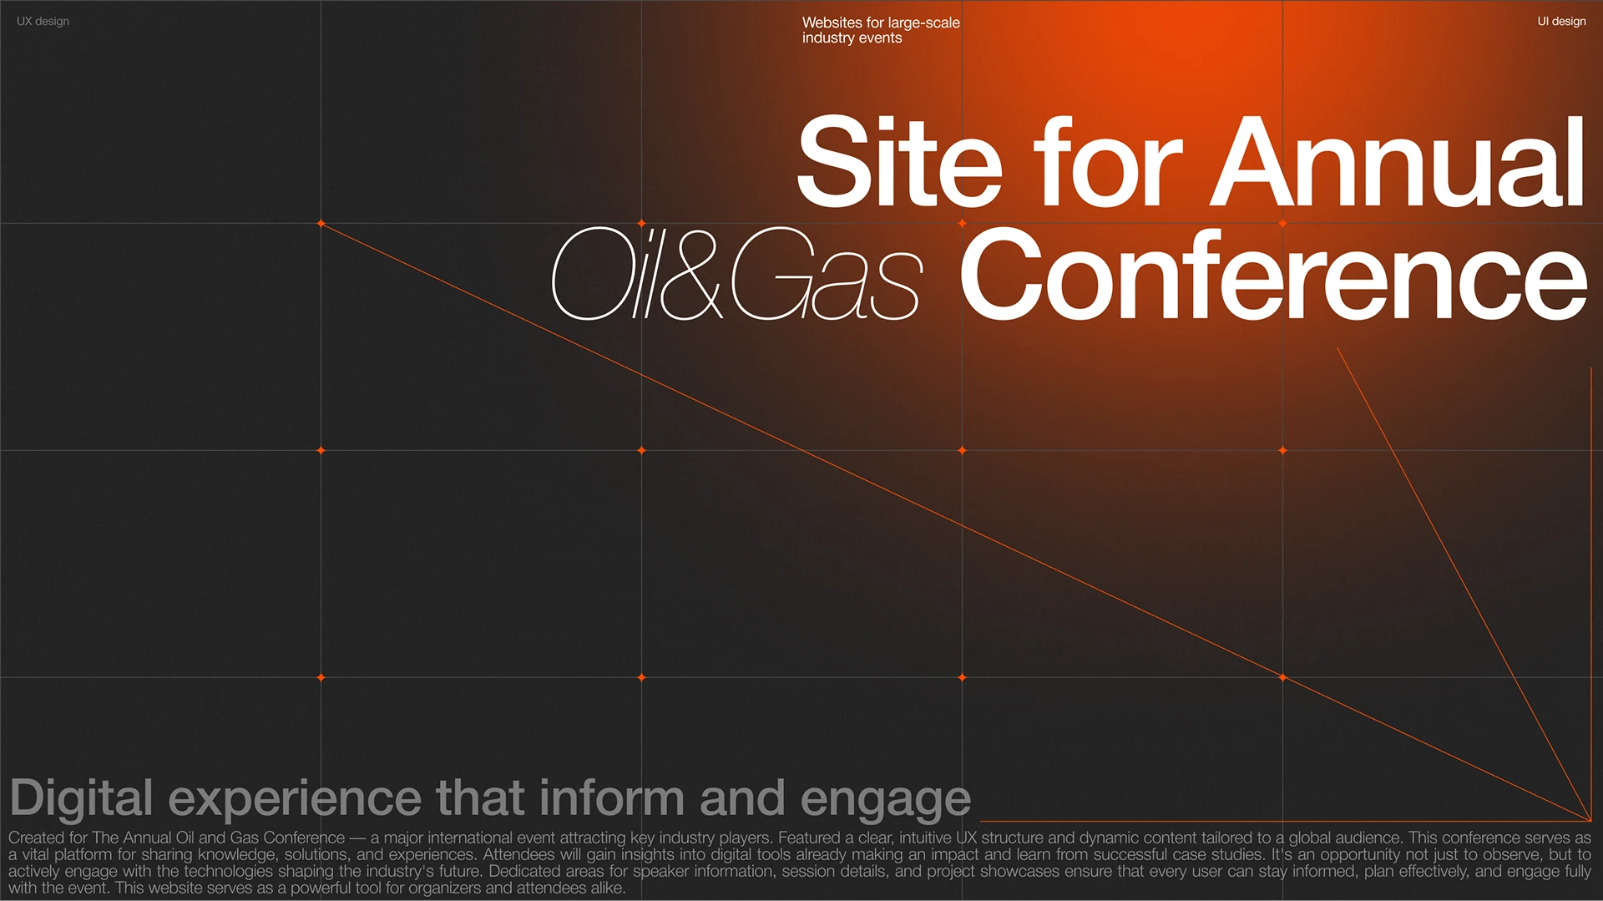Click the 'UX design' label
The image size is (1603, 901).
(43, 22)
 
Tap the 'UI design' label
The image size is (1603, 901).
(1561, 22)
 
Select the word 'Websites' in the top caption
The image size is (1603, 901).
(832, 23)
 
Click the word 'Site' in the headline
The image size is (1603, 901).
(899, 162)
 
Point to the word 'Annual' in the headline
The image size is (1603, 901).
(1398, 162)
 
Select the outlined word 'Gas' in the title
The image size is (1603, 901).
(827, 274)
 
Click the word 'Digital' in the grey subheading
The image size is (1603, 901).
(81, 798)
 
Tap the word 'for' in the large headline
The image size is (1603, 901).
(1108, 162)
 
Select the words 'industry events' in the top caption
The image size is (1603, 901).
(852, 38)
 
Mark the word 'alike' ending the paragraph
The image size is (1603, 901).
(606, 888)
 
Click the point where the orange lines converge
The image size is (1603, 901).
(1590, 820)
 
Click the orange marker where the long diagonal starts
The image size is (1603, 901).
(321, 224)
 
